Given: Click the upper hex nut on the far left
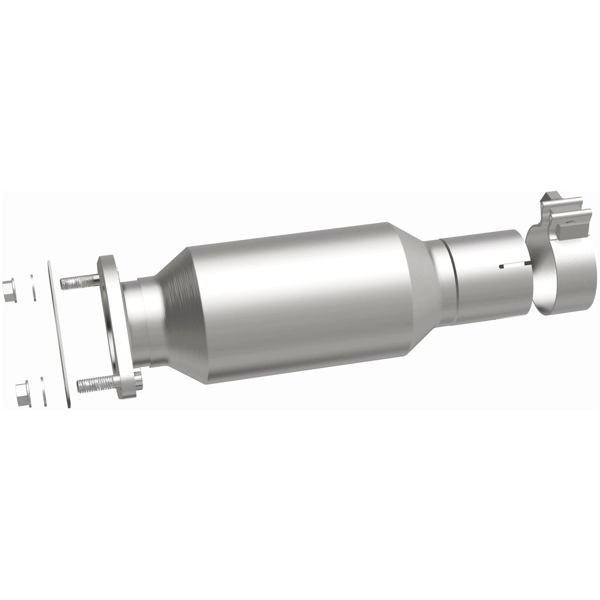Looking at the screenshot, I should tap(8, 287).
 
